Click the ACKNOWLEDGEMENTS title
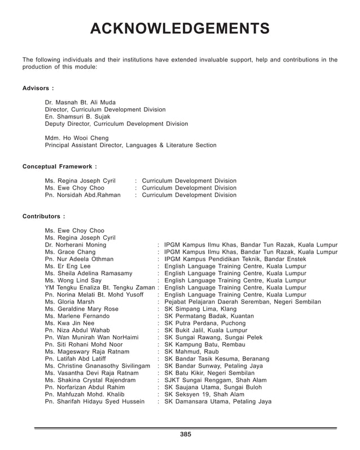pyautogui.click(x=179, y=29)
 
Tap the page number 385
pyautogui.click(x=186, y=434)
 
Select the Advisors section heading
pyautogui.click(x=38, y=88)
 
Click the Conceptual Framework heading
pyautogui.click(x=59, y=166)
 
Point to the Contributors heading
pyautogui.click(x=43, y=216)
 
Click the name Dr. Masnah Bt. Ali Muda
pyautogui.click(x=80, y=102)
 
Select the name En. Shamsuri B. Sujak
pyautogui.click(x=77, y=117)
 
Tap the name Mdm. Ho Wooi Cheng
pyautogui.click(x=77, y=138)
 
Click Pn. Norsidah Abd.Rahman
pyautogui.click(x=82, y=195)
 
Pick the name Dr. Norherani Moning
pyautogui.click(x=75, y=245)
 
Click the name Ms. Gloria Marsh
pyautogui.click(x=69, y=302)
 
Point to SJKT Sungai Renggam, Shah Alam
pyautogui.click(x=216, y=380)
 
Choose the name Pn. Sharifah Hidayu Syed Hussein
pyautogui.click(x=94, y=402)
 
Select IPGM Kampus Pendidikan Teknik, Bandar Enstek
pyautogui.click(x=235, y=259)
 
